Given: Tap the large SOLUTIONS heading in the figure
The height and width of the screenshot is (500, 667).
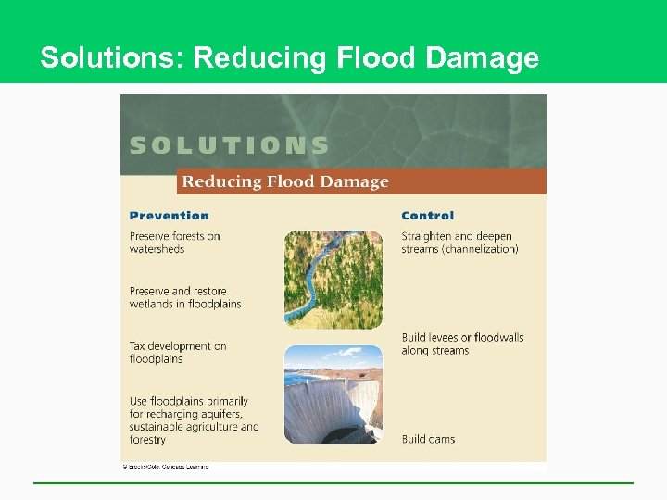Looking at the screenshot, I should coord(229,145).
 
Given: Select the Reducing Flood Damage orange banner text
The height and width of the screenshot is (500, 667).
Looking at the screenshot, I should coord(285,181).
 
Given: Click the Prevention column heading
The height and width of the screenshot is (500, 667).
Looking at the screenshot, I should coord(169,216).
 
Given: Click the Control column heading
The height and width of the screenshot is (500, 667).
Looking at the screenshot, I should coord(427,216).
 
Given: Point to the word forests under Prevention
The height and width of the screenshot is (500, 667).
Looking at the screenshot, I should coord(184,236).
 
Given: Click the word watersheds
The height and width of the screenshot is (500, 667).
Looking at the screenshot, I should coord(157,249).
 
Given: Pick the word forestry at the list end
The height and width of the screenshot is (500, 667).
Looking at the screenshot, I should coord(147,440).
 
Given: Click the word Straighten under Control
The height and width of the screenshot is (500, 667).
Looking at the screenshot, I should coord(426,236).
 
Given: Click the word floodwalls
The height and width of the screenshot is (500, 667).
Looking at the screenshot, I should coord(497,338).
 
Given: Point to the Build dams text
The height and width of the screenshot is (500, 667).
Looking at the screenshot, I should coord(428,439).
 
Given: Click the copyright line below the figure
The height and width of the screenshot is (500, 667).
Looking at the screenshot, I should coord(166,466).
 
